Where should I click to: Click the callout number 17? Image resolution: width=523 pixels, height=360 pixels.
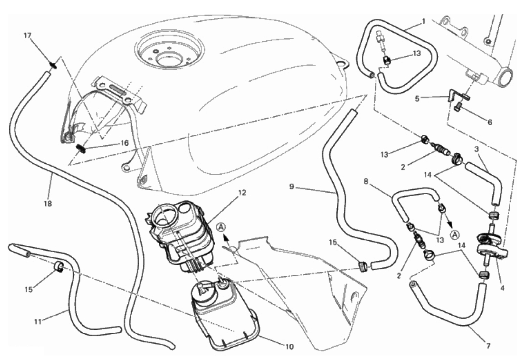(27, 35)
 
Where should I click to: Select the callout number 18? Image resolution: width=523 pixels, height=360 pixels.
(48, 203)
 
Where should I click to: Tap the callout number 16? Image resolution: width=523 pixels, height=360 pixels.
(124, 143)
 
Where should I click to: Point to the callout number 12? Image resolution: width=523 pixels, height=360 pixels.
(242, 193)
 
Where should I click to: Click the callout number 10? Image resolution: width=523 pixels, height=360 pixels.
(289, 347)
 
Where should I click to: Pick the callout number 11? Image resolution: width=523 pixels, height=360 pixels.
(38, 322)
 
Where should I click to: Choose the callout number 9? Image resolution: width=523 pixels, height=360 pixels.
(292, 187)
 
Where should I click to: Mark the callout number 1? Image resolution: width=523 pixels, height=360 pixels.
(424, 22)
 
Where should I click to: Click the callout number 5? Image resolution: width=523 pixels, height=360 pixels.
(417, 99)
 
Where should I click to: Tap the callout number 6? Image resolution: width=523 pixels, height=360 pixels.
(490, 122)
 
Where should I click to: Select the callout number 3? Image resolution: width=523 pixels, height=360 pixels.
(476, 149)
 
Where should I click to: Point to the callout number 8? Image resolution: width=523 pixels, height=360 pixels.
(366, 182)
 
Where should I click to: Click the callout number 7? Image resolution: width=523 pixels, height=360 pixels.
(488, 346)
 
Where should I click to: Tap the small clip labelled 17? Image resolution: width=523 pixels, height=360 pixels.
(54, 64)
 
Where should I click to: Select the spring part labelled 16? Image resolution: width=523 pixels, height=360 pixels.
(81, 148)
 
